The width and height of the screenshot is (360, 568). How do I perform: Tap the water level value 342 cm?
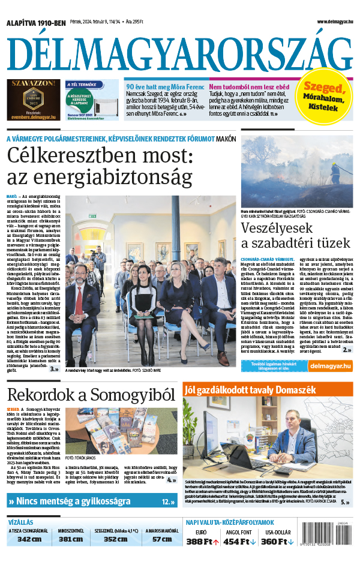pos(29,539)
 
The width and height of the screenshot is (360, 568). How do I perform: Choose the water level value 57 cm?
pos(162,539)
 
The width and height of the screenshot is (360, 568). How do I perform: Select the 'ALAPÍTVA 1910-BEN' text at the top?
pos(36,23)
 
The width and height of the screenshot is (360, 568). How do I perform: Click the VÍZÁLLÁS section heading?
pos(21,522)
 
